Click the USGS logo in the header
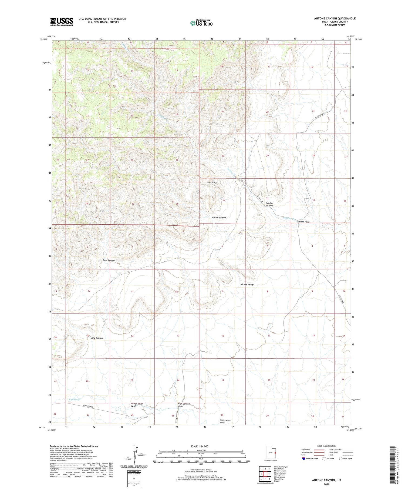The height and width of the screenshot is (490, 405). click(62, 22)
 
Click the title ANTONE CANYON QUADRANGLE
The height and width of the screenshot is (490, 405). click(335, 18)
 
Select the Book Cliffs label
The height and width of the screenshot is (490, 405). click(212, 182)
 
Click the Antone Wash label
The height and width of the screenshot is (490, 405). click(303, 222)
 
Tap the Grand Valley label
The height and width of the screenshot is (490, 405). click(247, 285)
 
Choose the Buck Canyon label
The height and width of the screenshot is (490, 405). click(109, 260)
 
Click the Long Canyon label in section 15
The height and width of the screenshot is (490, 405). click(96, 338)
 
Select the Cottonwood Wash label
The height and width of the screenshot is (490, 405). click(225, 421)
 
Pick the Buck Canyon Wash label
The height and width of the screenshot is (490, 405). click(184, 405)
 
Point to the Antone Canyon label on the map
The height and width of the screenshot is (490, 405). click(218, 218)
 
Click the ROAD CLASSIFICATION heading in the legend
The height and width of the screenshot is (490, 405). click(326, 446)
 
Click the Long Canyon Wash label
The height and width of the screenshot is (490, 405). click(137, 405)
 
